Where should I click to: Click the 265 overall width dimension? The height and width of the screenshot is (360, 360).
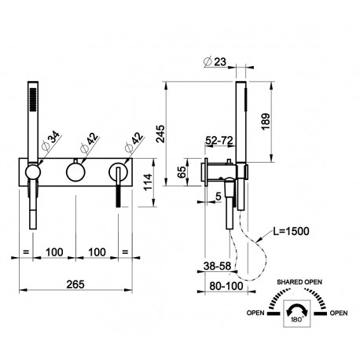point(75,285)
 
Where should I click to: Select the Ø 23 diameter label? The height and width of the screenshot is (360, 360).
point(215,62)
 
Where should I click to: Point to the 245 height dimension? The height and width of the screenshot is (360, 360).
point(160,134)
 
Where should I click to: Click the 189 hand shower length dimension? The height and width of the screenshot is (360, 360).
point(266,121)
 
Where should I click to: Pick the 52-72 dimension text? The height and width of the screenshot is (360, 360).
point(219,141)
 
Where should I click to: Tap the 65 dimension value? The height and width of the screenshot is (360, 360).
point(182,172)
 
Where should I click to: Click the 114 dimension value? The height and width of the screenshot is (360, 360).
point(148,182)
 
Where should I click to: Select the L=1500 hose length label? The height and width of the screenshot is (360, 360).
point(291,231)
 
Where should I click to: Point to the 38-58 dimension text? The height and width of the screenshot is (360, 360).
point(218,266)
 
